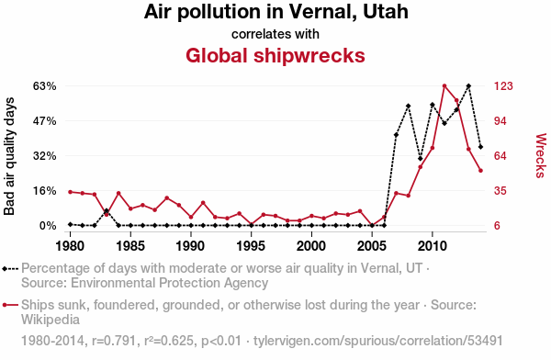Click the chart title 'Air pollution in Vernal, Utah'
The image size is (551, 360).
pos(275,12)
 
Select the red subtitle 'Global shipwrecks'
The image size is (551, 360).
pos(275,55)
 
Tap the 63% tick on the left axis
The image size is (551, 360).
pos(45,86)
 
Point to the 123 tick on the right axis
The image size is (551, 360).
pos(503,86)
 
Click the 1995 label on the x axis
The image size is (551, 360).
pos(251,246)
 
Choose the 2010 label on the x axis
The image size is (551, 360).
pos(433,246)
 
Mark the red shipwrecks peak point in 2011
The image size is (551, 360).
pos(444,85)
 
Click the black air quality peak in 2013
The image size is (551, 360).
pos(468,85)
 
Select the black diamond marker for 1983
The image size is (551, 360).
pos(107,210)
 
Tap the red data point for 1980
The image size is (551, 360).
pos(71,192)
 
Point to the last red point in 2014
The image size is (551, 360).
pos(480,171)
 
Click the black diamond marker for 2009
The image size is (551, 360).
pos(421,159)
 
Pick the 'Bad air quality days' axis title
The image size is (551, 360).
pos(9,156)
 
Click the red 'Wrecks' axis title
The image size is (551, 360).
pos(541,155)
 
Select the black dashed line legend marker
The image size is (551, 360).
pos(10,269)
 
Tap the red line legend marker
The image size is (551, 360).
pos(10,305)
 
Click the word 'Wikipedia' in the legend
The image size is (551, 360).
pos(51,320)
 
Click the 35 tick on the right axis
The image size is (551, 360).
pos(500,191)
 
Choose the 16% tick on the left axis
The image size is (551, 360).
pos(45,191)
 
